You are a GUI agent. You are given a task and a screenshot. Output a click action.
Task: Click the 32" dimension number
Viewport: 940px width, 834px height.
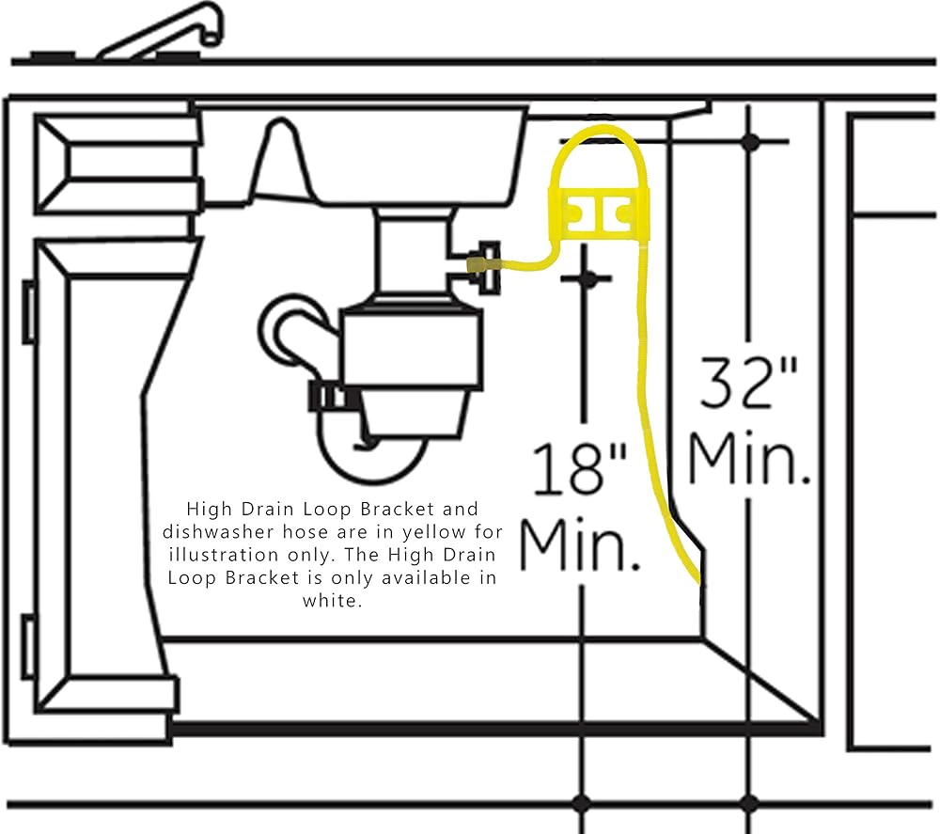pos(749,382)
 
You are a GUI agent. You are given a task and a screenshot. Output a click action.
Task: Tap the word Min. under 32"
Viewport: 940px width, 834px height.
pos(749,458)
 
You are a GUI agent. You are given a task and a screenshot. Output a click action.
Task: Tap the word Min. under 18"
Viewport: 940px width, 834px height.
pos(581,544)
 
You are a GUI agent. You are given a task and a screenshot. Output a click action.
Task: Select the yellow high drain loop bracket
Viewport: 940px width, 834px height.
pos(598,212)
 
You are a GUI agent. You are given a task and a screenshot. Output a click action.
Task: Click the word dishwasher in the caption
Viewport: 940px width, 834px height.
pos(201,532)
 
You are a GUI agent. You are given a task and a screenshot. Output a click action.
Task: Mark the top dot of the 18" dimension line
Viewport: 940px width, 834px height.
pos(586,278)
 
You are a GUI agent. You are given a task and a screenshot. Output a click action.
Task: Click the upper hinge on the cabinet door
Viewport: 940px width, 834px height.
pos(30,311)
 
